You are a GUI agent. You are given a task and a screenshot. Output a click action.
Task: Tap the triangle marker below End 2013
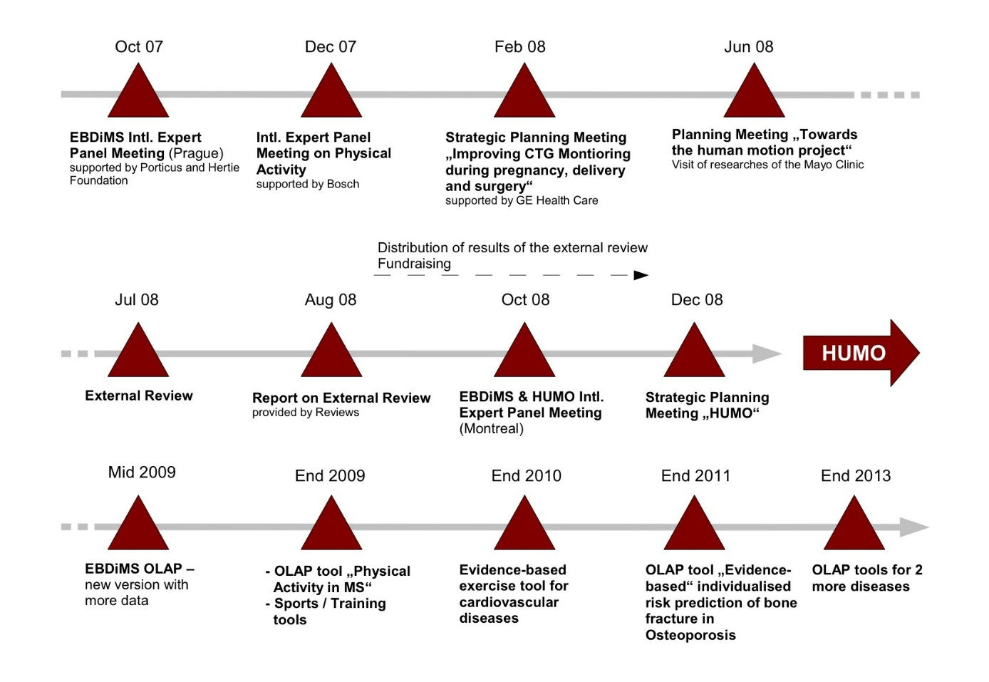854,529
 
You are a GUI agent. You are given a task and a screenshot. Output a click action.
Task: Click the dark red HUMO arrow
861,353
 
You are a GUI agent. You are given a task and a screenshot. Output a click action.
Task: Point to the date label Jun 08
749,47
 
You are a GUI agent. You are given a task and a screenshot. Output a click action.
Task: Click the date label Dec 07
331,47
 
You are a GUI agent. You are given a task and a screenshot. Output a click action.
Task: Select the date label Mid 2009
142,472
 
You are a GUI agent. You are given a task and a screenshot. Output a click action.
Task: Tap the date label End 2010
527,476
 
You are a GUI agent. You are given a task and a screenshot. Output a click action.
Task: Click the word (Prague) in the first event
196,153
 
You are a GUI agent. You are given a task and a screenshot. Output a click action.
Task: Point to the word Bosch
343,184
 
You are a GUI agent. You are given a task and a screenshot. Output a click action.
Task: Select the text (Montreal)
492,428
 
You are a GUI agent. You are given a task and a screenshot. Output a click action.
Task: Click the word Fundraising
414,264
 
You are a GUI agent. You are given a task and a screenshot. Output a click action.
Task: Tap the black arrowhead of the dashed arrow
641,275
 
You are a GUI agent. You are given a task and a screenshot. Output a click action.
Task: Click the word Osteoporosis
690,635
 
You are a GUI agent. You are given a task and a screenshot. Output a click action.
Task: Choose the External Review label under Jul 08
139,396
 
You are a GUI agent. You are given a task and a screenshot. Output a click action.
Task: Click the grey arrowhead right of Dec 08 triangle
767,353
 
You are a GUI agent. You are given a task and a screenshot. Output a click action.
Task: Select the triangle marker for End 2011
695,529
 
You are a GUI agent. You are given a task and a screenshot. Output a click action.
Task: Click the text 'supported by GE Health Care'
522,200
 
